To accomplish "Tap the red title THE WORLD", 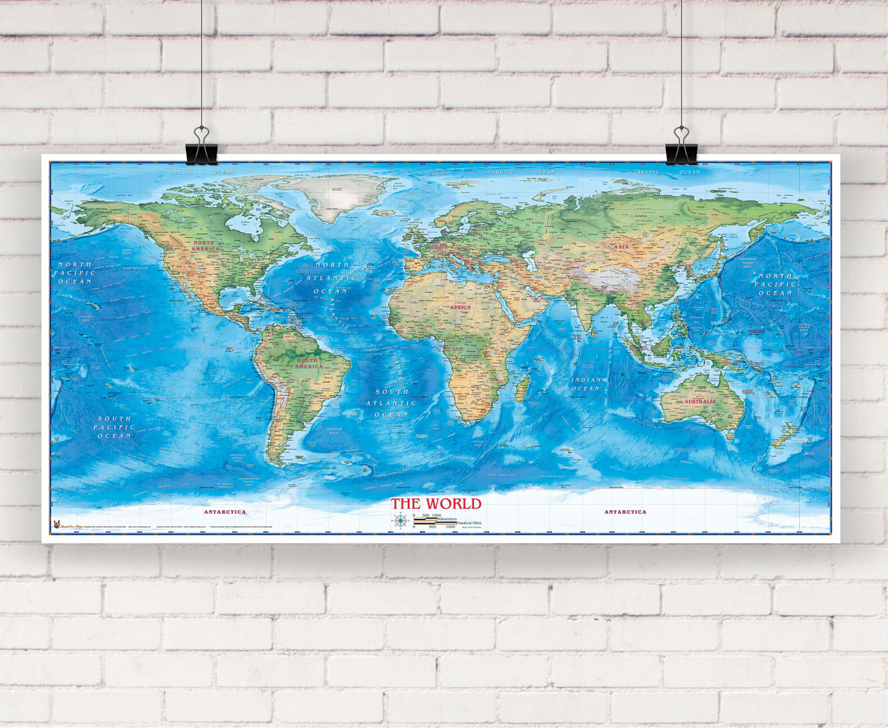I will pyautogui.click(x=435, y=503).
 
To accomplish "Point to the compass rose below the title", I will pyautogui.click(x=400, y=521).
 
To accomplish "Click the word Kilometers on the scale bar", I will pyautogui.click(x=447, y=519).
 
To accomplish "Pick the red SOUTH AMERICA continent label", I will pyautogui.click(x=308, y=363).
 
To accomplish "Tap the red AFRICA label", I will pyautogui.click(x=460, y=307).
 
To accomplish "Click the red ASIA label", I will pyautogui.click(x=620, y=246).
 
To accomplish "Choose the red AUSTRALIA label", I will pyautogui.click(x=700, y=401).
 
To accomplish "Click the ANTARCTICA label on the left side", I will pyautogui.click(x=225, y=512).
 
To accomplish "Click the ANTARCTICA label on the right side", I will pyautogui.click(x=625, y=512).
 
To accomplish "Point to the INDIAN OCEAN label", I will pyautogui.click(x=586, y=384).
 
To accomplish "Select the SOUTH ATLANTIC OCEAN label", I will pyautogui.click(x=391, y=403).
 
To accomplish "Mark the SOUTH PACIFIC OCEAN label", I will pyautogui.click(x=114, y=427).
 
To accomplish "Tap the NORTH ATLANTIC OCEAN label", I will pyautogui.click(x=332, y=277).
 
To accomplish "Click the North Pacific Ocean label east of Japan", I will pyautogui.click(x=775, y=284).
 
